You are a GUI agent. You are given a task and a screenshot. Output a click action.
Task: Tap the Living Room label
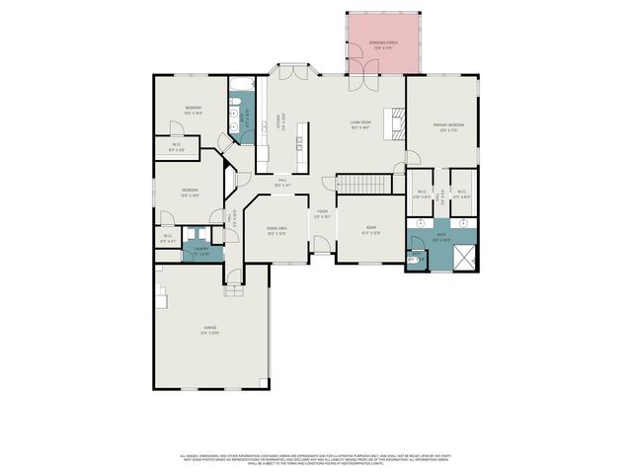pyautogui.click(x=358, y=124)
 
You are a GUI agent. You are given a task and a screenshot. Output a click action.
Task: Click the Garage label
pyautogui.click(x=209, y=329)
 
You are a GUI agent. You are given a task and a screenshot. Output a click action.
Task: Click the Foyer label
pyautogui.click(x=322, y=213)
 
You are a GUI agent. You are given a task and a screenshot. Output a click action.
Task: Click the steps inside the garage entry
pyautogui.click(x=234, y=290)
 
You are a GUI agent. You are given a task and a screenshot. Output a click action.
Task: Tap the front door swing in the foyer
pyautogui.click(x=322, y=245)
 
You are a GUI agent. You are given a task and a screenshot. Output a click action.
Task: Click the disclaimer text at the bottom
pyautogui.click(x=315, y=459)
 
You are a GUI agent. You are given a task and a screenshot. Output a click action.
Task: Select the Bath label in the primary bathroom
pyautogui.click(x=441, y=237)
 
